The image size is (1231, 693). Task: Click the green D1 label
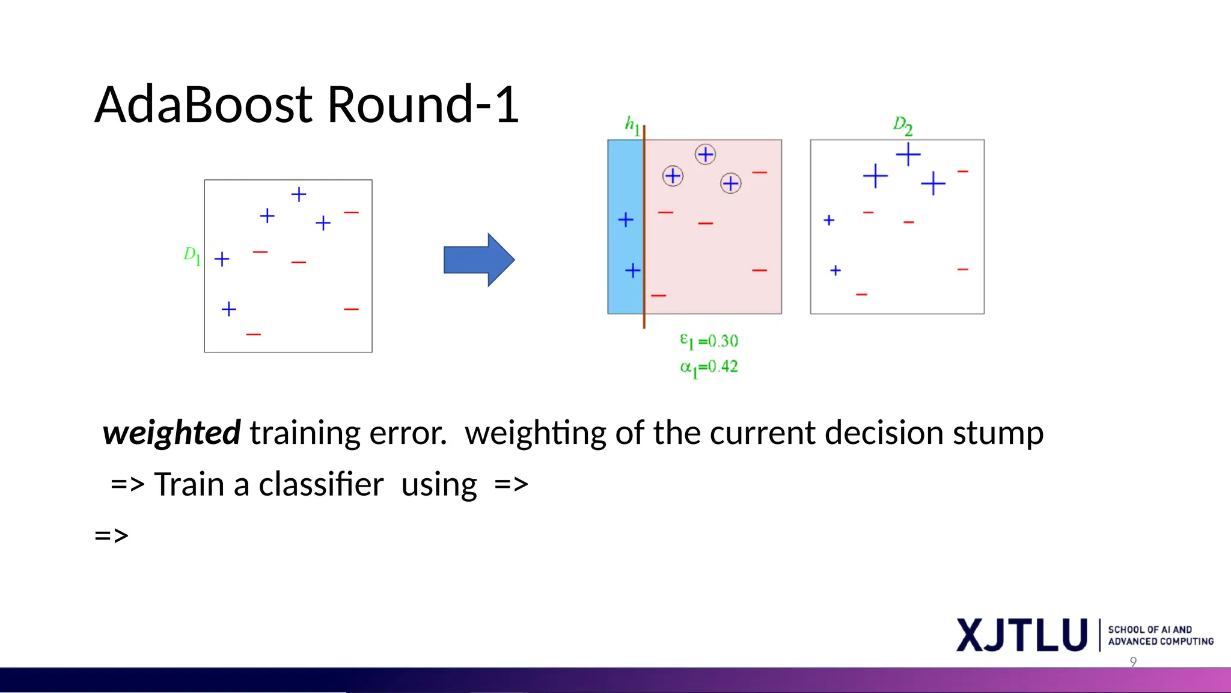tap(191, 256)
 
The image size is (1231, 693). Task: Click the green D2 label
tap(902, 126)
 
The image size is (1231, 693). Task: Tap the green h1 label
tap(631, 125)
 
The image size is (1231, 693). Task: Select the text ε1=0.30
tap(709, 341)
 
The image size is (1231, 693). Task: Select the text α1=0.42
tap(709, 367)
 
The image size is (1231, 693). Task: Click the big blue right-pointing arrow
tap(478, 260)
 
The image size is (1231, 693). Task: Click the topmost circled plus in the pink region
tap(705, 155)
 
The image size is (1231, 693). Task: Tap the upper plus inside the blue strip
tap(626, 220)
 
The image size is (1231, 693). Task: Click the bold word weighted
tap(171, 433)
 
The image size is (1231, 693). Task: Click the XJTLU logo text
tap(1021, 635)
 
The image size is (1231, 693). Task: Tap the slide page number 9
tap(1133, 662)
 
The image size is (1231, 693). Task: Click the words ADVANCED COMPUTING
tap(1160, 642)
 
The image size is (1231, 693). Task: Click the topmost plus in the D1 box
tap(299, 194)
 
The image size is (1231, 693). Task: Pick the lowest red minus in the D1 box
tap(254, 334)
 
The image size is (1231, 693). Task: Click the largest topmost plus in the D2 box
tap(908, 155)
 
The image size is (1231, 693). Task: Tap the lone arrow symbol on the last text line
tap(112, 535)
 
